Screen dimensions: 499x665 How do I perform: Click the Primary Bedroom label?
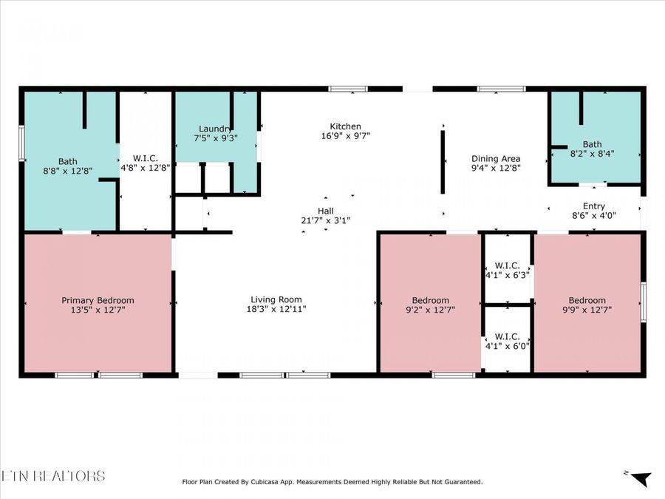click(98, 300)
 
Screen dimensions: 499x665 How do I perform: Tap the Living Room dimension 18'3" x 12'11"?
click(276, 309)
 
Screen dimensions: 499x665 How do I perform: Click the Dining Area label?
click(496, 158)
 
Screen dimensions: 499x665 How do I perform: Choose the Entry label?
click(593, 207)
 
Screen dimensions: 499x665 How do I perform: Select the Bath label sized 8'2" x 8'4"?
click(592, 145)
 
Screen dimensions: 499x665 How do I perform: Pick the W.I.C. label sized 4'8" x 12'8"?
click(146, 158)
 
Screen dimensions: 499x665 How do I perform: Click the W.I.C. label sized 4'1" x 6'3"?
click(507, 265)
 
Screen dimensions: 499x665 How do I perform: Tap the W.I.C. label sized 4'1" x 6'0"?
click(507, 336)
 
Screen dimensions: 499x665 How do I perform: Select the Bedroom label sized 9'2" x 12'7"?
click(430, 300)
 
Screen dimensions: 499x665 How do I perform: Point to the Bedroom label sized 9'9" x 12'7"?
click(587, 300)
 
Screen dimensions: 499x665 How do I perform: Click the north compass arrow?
click(640, 479)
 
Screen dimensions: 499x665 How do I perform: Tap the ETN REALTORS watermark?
click(53, 475)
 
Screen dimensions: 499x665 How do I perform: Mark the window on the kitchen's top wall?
click(347, 89)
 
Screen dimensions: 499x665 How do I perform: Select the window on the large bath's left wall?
click(21, 143)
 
